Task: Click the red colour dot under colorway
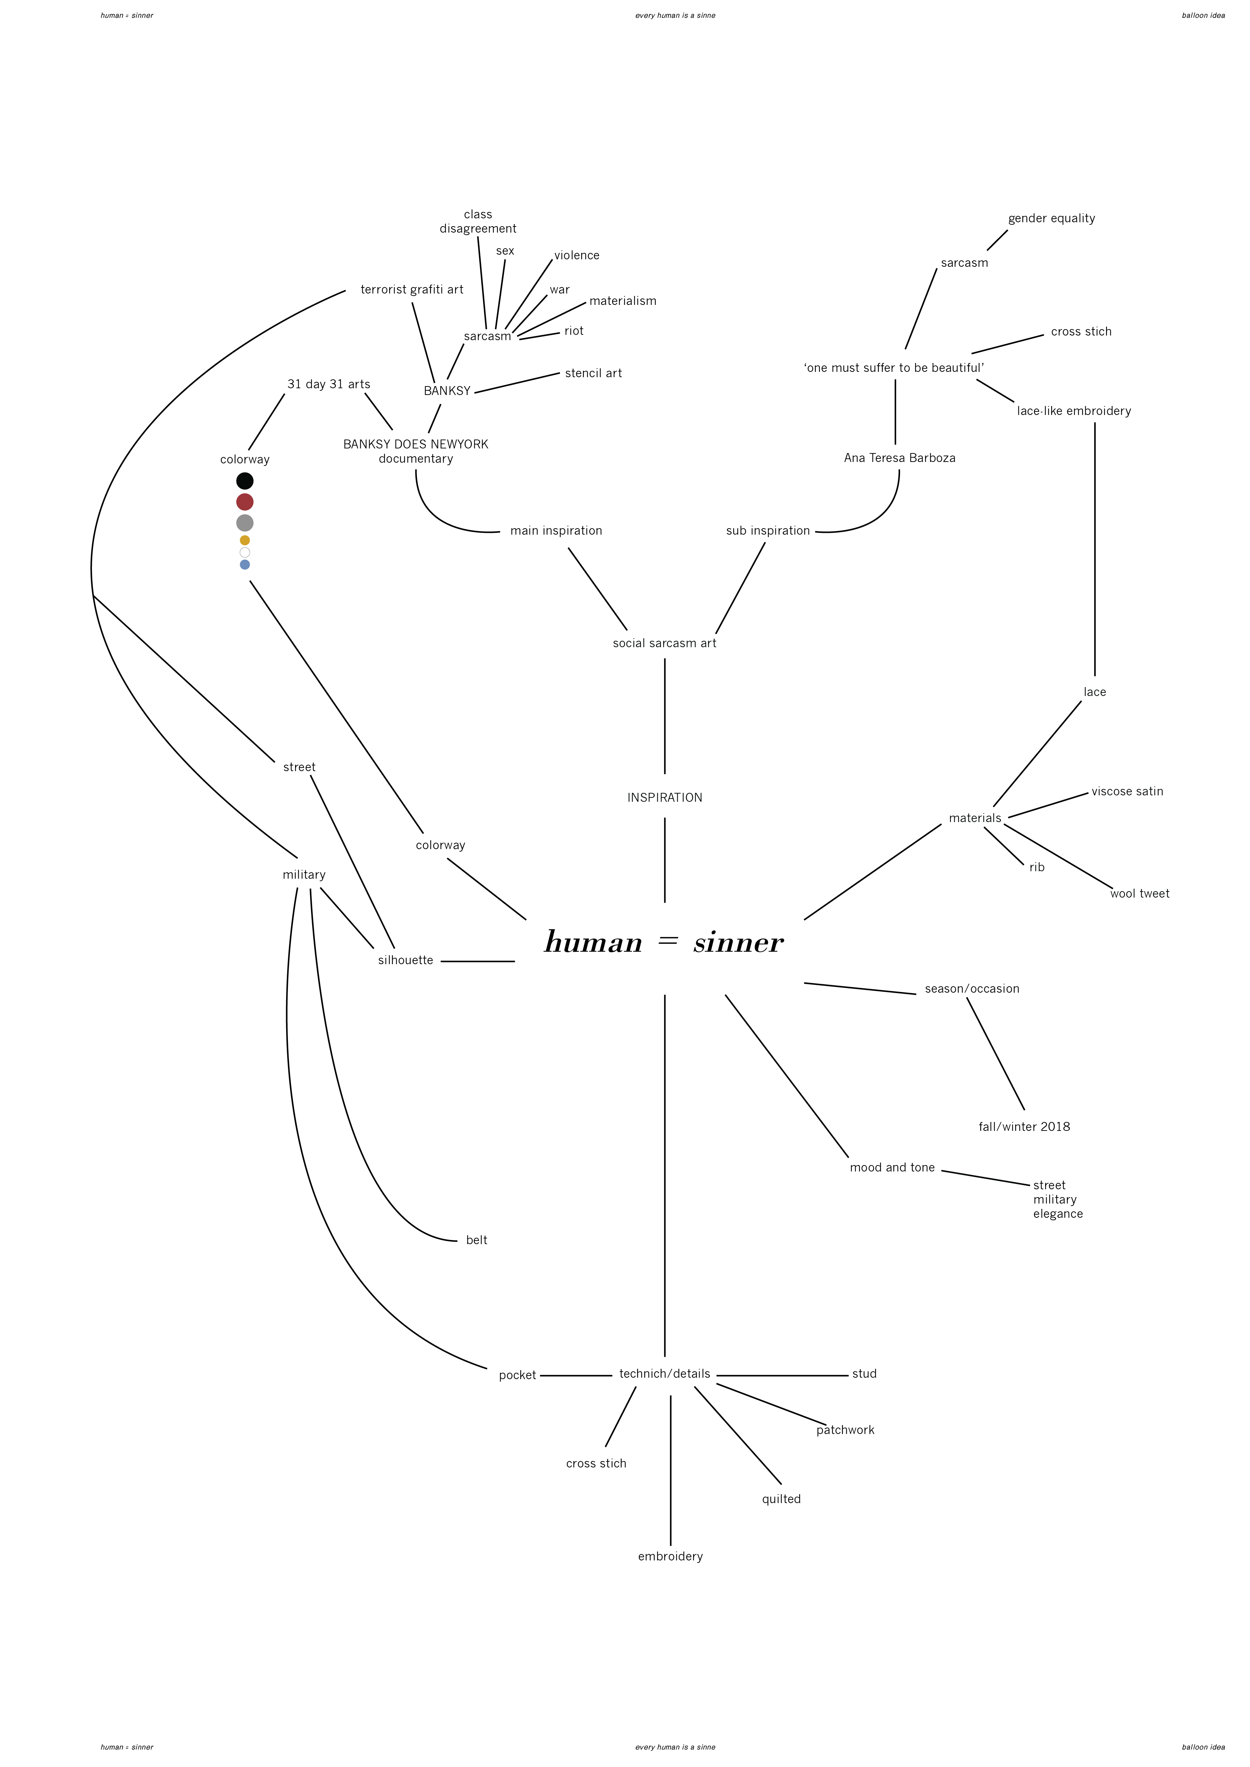coord(245,502)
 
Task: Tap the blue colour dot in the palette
coord(245,565)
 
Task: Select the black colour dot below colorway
coord(245,481)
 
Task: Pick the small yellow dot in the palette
coord(245,540)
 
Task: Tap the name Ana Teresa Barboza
coord(899,458)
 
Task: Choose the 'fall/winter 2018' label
coord(1024,1127)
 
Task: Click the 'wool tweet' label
coord(1139,894)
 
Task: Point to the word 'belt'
coord(476,1240)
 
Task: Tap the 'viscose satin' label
coord(1127,791)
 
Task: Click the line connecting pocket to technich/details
coord(576,1375)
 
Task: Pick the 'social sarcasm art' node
coord(664,643)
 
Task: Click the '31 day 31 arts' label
coord(329,384)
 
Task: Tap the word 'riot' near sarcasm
coord(573,331)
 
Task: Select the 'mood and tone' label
coord(892,1168)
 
